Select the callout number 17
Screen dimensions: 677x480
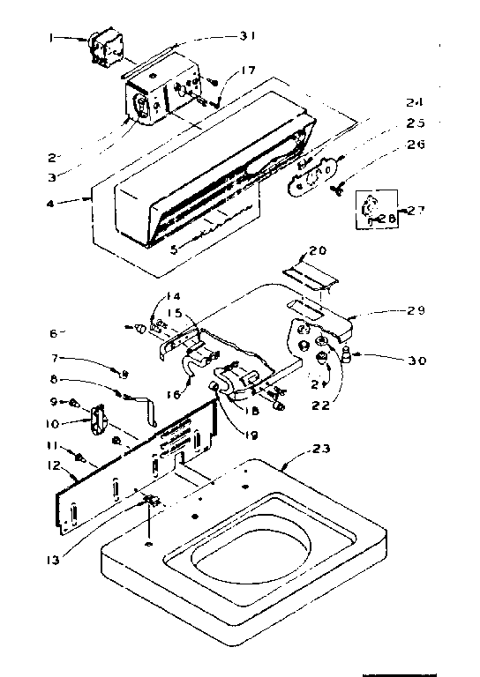point(247,70)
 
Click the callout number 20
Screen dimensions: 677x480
point(317,250)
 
